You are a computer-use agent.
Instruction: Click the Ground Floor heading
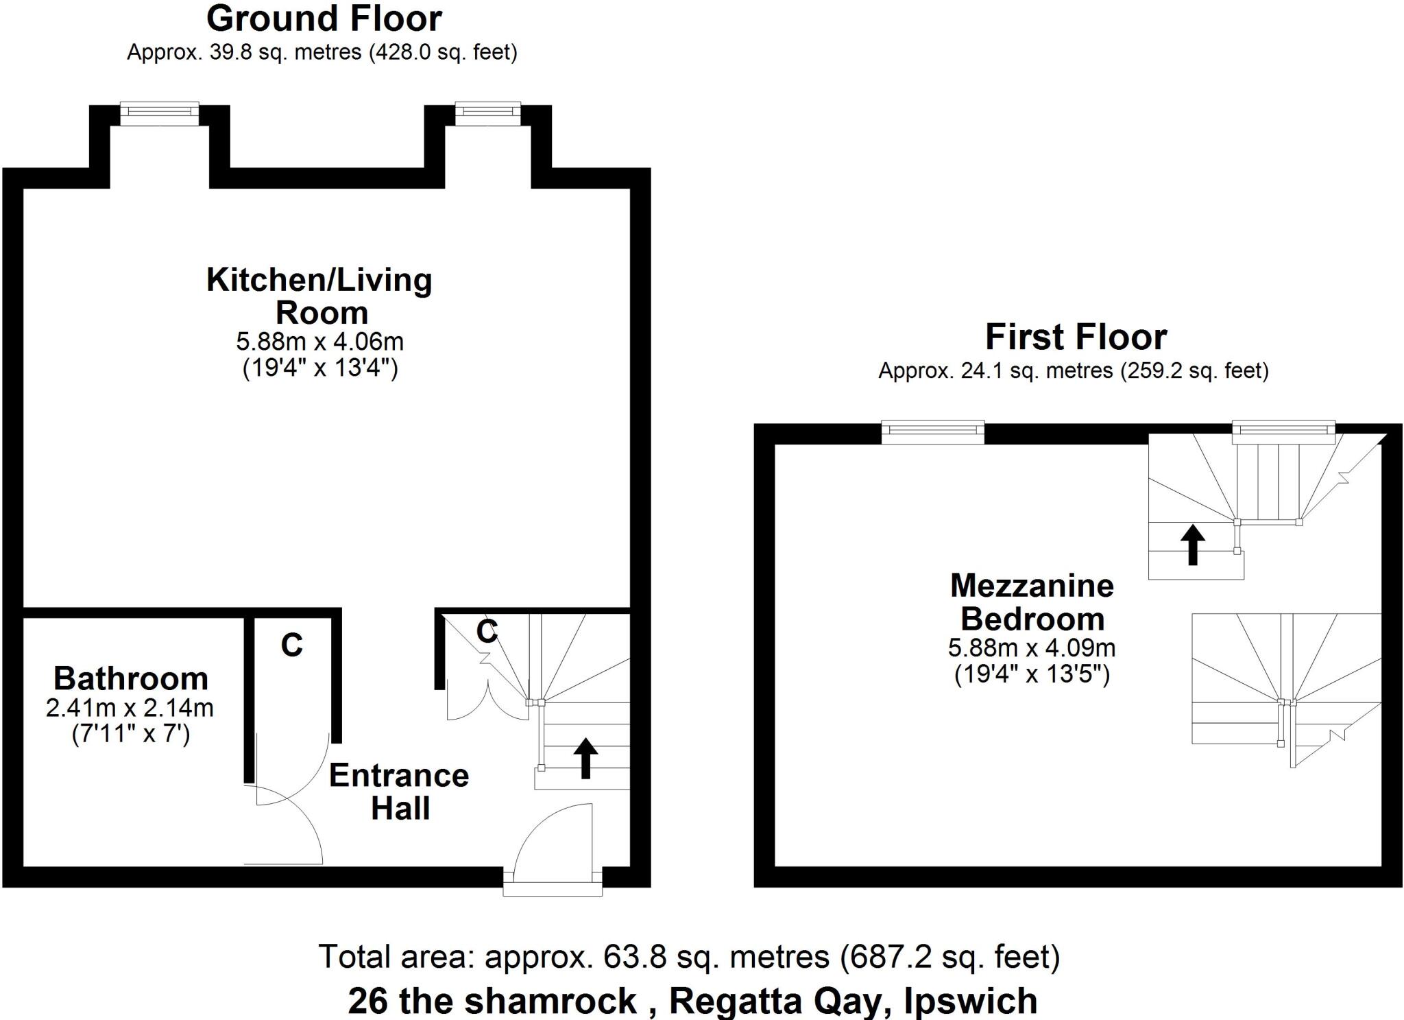point(324,19)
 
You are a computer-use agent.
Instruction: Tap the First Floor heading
point(1076,337)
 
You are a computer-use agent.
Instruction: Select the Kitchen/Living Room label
point(319,296)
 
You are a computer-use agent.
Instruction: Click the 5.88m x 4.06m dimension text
point(319,341)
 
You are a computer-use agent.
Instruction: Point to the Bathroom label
point(131,678)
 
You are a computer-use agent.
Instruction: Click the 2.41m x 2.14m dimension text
point(130,708)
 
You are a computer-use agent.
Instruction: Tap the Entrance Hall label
point(399,791)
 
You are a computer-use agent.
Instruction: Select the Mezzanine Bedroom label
point(1032,602)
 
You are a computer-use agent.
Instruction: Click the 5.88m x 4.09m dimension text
point(1032,648)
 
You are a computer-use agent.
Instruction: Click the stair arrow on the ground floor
point(585,758)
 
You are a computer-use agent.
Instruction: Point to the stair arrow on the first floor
point(1192,545)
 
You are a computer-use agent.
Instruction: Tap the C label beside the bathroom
point(292,645)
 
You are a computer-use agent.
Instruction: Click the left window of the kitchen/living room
point(160,114)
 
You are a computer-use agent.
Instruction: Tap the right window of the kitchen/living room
point(487,114)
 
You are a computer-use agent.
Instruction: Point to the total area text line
point(689,956)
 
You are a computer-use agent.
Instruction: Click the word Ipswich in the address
point(970,1001)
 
